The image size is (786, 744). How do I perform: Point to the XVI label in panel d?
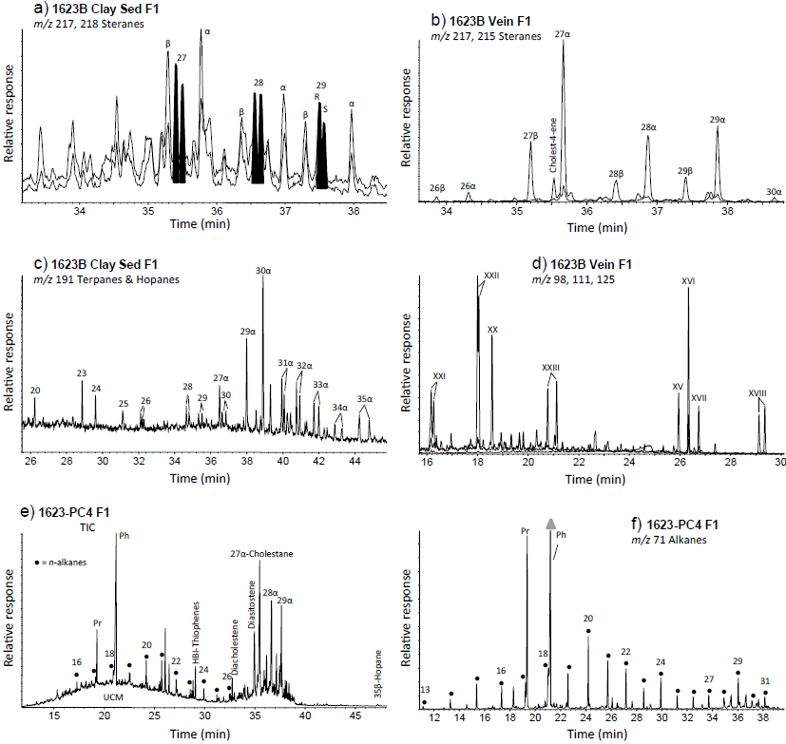pos(688,280)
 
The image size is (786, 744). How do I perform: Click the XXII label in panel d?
pos(491,275)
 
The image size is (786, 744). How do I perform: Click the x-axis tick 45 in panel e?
pos(354,717)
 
